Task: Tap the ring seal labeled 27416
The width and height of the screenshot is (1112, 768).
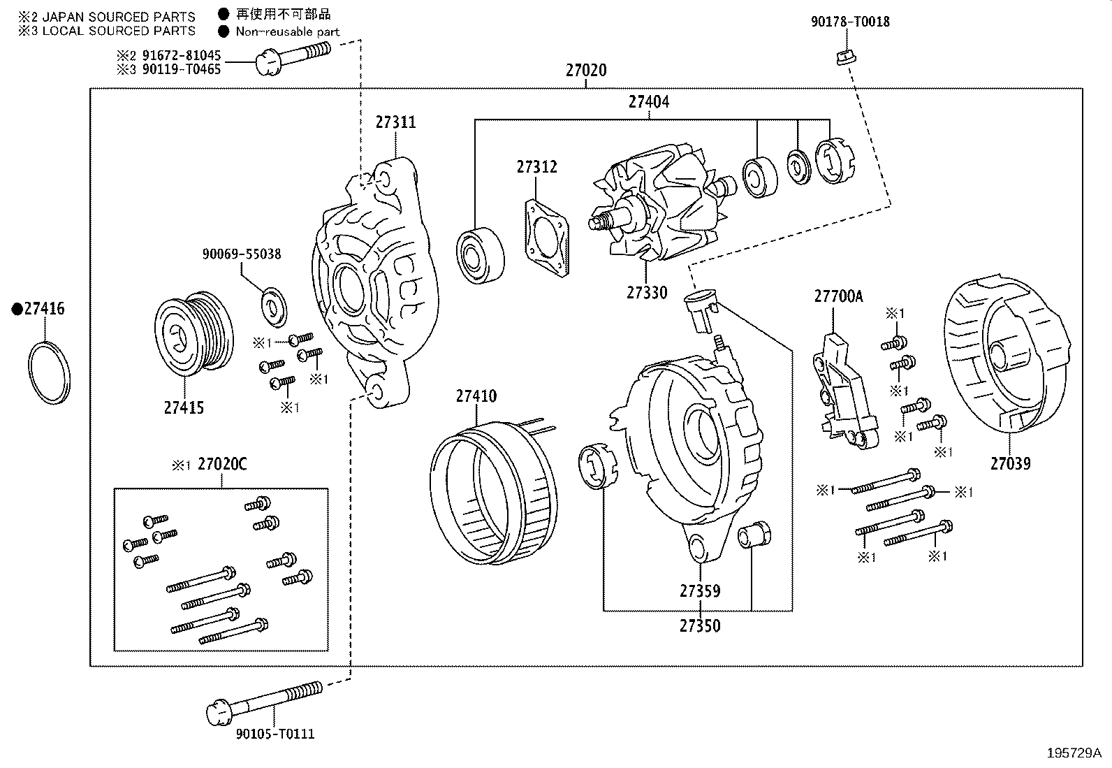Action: pyautogui.click(x=50, y=372)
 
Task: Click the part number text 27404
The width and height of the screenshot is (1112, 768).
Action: pyautogui.click(x=648, y=102)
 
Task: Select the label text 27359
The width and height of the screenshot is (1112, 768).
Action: pyautogui.click(x=699, y=591)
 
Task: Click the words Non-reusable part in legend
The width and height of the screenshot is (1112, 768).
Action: pyautogui.click(x=287, y=31)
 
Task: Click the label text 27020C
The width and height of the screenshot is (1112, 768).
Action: pyautogui.click(x=222, y=464)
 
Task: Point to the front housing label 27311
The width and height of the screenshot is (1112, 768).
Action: pyautogui.click(x=395, y=122)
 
